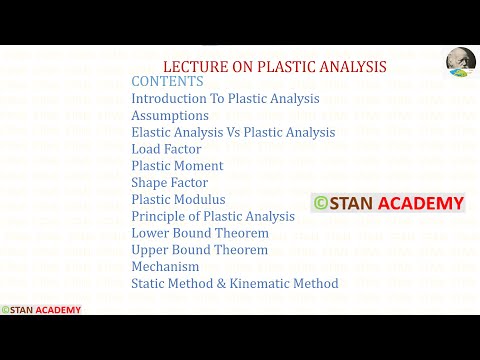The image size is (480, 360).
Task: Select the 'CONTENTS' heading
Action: (167, 82)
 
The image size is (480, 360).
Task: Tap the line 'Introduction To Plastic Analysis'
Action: (225, 99)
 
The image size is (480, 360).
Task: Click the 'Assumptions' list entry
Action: (170, 116)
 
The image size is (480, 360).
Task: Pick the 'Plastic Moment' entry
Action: (177, 166)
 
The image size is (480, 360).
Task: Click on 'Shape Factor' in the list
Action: (169, 183)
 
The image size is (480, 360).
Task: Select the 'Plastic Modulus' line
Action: (178, 200)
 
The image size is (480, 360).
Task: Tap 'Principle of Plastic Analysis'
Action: (213, 217)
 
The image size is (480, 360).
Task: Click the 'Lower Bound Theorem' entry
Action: (199, 233)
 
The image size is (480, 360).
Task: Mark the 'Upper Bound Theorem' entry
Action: (199, 250)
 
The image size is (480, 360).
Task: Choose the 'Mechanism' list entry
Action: (165, 267)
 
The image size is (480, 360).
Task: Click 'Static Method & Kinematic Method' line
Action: (234, 284)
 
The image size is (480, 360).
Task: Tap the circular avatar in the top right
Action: (460, 63)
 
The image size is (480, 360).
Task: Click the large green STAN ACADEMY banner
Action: (388, 204)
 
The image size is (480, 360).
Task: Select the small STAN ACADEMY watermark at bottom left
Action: (41, 310)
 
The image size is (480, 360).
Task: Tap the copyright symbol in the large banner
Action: (321, 204)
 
